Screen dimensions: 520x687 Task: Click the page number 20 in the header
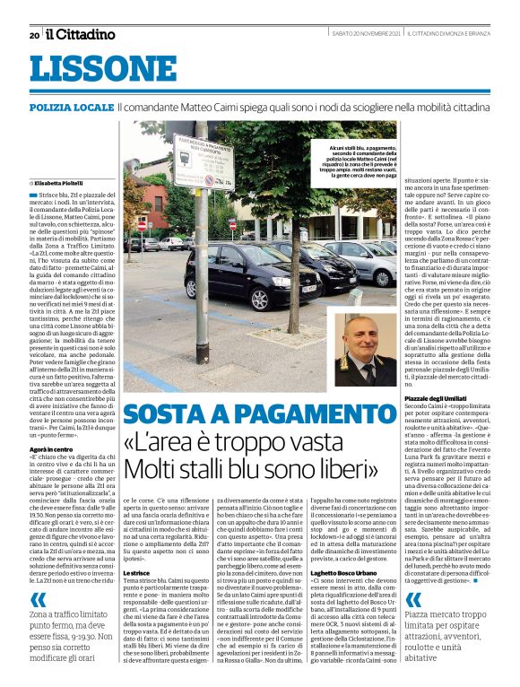34,35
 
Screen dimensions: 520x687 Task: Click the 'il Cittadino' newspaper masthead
81,34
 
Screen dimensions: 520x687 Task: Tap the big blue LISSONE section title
91,68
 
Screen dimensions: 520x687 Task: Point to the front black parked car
238,276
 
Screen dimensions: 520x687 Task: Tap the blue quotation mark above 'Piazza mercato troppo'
412,600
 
